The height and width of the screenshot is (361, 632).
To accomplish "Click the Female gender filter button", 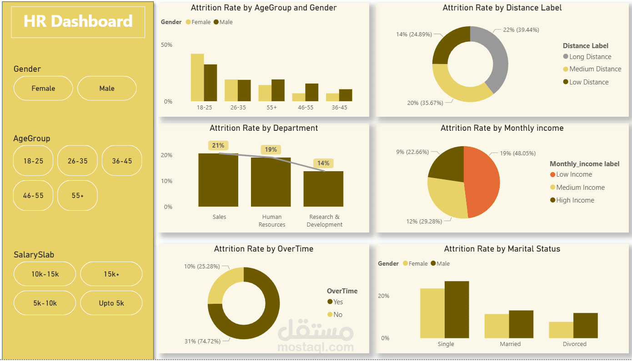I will pyautogui.click(x=43, y=88).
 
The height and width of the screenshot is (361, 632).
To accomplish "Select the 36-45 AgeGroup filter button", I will pyautogui.click(x=122, y=161).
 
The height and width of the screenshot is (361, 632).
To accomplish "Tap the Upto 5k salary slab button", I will pyautogui.click(x=111, y=303).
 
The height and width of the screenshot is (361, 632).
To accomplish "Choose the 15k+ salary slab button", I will pyautogui.click(x=111, y=274).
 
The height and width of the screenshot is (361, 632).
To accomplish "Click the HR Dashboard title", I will pyautogui.click(x=78, y=22).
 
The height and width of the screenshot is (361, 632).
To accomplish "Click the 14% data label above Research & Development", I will pyautogui.click(x=323, y=163).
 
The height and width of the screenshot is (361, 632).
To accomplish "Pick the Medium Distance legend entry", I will pyautogui.click(x=595, y=69).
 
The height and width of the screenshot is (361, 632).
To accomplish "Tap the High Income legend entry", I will pyautogui.click(x=575, y=200).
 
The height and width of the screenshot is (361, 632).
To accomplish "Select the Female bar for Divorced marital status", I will pyautogui.click(x=561, y=330).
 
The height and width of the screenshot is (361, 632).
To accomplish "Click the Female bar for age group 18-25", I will pyautogui.click(x=197, y=78).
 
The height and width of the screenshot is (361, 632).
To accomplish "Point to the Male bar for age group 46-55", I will pyautogui.click(x=311, y=92).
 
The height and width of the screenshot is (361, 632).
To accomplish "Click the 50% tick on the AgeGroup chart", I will pyautogui.click(x=166, y=45).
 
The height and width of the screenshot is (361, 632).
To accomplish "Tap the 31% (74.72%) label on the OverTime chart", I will pyautogui.click(x=203, y=341).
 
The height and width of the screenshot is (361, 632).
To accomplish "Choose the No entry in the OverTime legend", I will pyautogui.click(x=337, y=315).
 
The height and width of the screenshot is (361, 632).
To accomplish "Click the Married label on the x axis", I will pyautogui.click(x=510, y=344).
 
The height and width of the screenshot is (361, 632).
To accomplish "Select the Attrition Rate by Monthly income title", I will pyautogui.click(x=502, y=129).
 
